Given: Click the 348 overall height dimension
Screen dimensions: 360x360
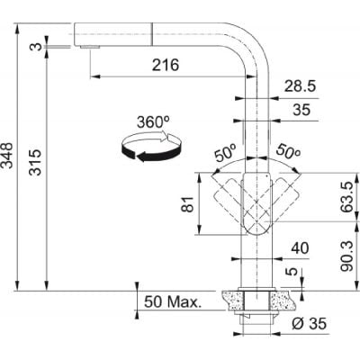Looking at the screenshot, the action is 8,156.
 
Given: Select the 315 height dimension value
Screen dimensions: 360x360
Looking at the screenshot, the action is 37,162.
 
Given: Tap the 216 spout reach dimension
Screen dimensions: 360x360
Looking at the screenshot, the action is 166,65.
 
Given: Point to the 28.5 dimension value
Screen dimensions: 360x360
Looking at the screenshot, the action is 300,86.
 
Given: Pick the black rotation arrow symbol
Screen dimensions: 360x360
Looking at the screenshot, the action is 151,147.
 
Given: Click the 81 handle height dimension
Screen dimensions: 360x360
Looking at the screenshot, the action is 188,204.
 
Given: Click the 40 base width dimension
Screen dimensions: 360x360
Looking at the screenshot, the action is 300,248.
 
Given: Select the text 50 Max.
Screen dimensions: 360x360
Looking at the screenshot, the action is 172,301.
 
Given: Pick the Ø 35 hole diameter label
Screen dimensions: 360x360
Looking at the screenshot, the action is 309,323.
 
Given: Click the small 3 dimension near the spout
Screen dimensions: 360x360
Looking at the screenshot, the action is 37,47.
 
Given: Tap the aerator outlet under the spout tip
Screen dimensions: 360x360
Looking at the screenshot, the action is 90,47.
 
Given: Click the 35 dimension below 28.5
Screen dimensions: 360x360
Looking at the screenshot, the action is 301,110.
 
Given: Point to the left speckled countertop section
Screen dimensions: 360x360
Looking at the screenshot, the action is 232,301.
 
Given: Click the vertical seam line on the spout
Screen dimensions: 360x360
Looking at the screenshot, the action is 152,34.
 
